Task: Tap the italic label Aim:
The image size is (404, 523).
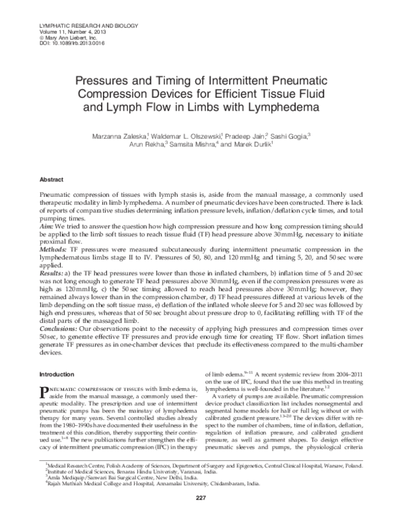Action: point(49,228)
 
